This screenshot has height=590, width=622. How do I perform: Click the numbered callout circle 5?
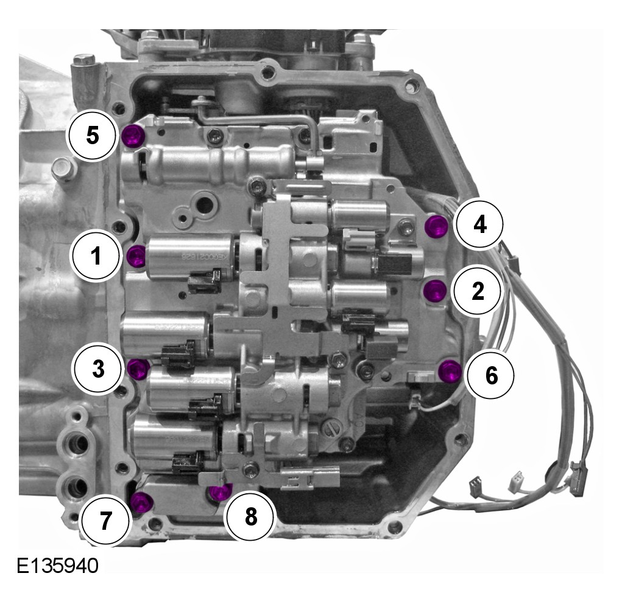pos(92,135)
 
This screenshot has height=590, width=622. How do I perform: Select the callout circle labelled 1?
pos(96,256)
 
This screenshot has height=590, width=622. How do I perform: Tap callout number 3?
pos(97,368)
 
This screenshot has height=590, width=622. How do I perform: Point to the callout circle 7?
pos(105,520)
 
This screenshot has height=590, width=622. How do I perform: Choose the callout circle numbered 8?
pos(250,516)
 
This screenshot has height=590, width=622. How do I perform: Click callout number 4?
pos(479,225)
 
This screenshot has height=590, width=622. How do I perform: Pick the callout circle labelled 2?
pos(478,291)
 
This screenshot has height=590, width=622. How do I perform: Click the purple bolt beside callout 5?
pos(133,135)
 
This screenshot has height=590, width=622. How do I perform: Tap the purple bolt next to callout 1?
pos(137,256)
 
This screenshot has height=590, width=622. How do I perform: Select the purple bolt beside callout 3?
pos(139,369)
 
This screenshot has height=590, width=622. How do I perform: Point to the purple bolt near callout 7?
pos(142,502)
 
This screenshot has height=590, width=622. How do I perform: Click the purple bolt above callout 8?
pos(221,491)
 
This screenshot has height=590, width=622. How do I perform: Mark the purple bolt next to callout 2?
pos(434,291)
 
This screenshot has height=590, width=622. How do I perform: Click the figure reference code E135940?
pos(57,566)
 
